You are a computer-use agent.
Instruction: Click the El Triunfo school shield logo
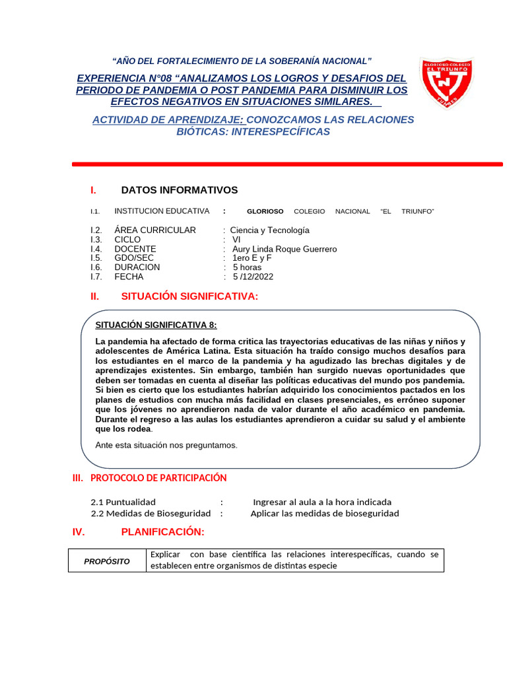446,83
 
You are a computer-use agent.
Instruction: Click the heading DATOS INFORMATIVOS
179,190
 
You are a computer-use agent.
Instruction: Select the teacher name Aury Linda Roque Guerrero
285,249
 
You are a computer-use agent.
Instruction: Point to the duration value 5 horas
247,267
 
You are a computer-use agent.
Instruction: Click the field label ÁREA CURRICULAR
155,230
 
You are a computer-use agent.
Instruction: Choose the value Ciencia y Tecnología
269,230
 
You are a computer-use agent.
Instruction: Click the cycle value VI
237,240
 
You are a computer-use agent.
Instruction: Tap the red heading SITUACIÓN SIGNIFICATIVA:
189,296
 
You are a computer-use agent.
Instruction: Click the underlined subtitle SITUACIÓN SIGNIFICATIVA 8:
156,325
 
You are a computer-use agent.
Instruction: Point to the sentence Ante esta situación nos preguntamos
166,445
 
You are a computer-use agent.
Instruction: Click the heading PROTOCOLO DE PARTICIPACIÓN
158,477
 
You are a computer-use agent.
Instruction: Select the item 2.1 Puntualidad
123,502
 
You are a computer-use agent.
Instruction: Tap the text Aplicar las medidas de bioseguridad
325,513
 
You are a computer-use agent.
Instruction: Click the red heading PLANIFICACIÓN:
162,532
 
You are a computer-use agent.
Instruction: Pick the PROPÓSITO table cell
106,560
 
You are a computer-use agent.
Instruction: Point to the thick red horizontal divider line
287,164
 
